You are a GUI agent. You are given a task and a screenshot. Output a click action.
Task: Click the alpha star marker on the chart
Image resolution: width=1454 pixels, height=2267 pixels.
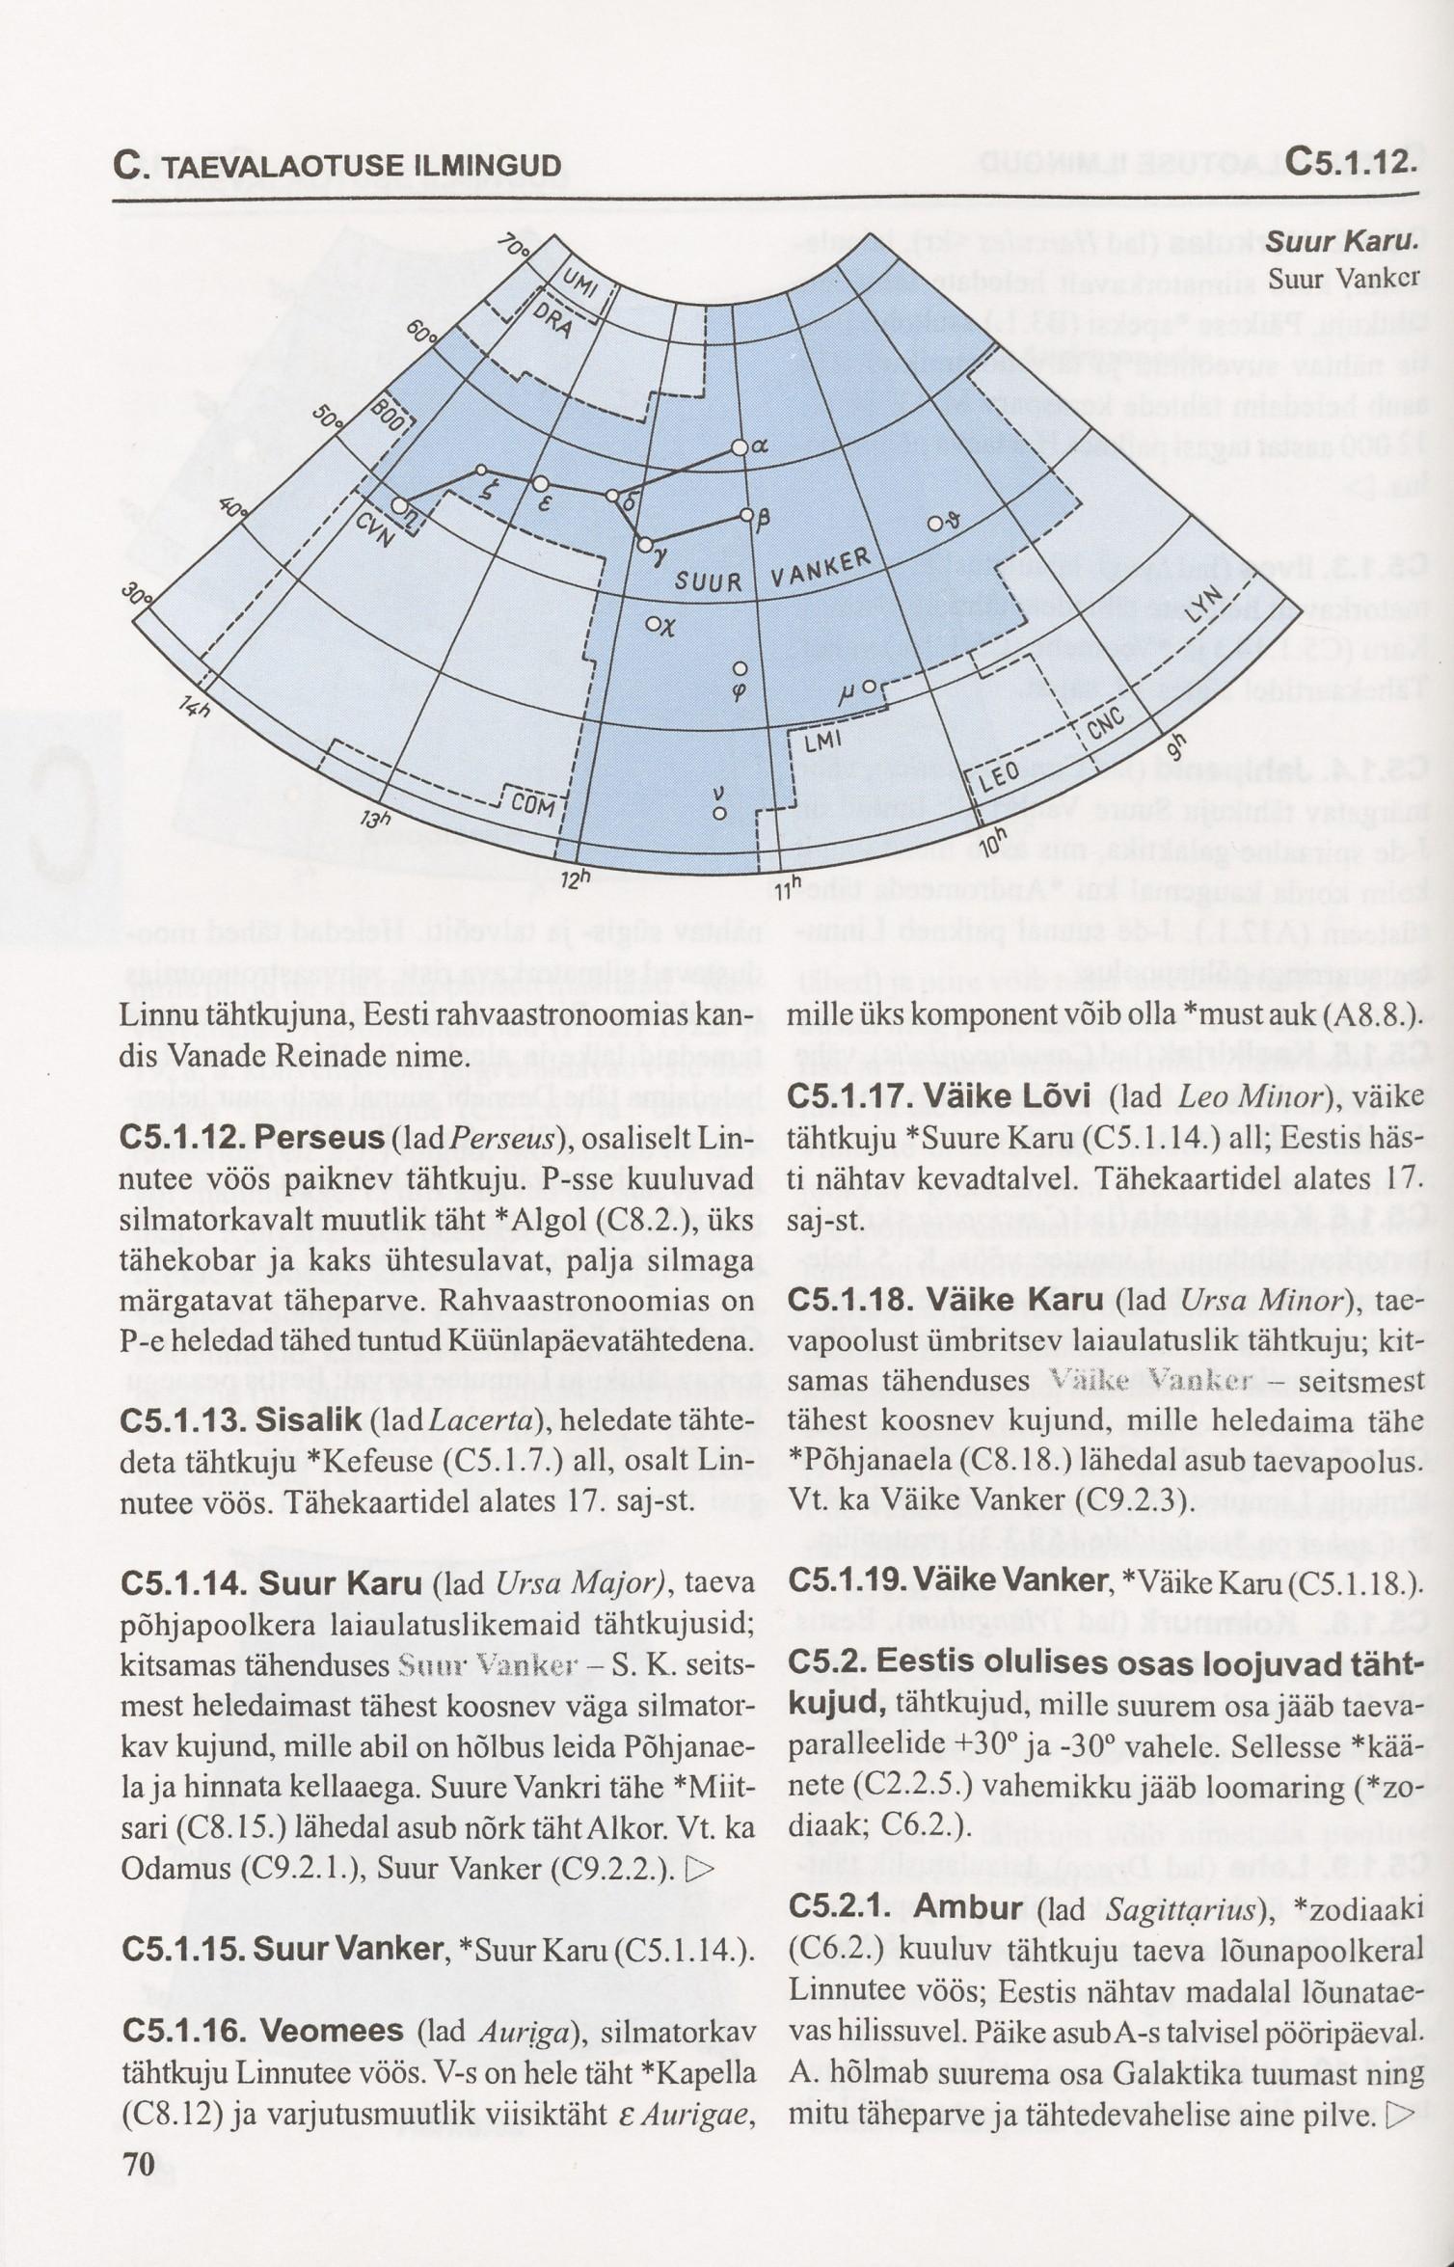(x=740, y=447)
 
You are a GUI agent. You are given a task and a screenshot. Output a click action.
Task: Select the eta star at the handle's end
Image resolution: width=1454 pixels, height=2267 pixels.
(x=399, y=505)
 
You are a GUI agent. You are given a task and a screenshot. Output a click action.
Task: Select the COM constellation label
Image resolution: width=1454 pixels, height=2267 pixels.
(x=533, y=803)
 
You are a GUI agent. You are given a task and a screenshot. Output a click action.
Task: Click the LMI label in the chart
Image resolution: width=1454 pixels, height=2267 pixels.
(x=822, y=740)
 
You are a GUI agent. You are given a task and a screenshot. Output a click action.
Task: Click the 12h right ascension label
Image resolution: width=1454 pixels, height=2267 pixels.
(x=574, y=879)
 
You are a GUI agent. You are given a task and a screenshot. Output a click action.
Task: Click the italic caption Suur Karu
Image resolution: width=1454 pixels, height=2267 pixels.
(x=1341, y=242)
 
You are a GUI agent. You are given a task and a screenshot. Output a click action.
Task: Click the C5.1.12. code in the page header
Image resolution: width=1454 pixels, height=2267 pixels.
(x=1350, y=160)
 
